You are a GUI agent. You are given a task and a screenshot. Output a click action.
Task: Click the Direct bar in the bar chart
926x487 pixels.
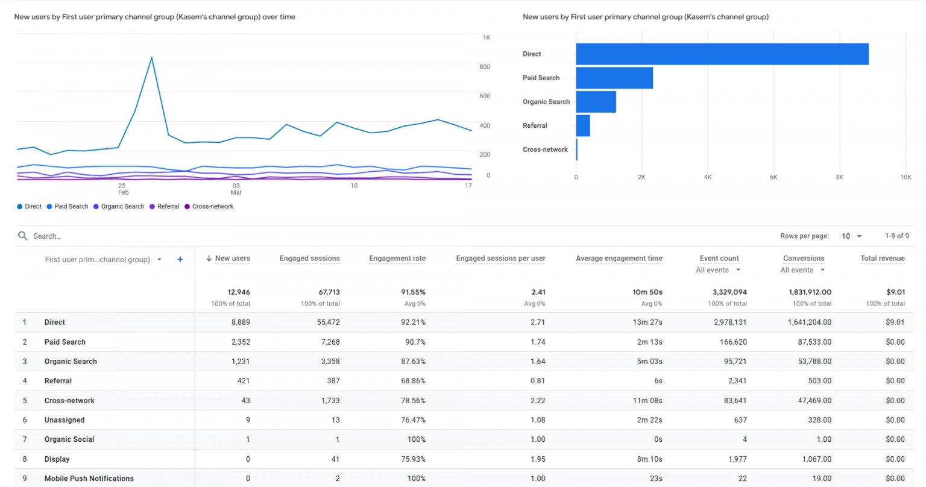click(722, 54)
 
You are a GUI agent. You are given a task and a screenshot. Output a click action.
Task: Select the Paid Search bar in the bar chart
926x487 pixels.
click(614, 78)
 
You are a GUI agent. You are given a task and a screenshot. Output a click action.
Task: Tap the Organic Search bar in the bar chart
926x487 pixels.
click(596, 102)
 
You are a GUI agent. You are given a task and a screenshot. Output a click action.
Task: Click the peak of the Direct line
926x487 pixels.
click(151, 58)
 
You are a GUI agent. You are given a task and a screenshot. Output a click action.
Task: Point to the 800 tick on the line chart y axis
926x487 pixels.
click(485, 67)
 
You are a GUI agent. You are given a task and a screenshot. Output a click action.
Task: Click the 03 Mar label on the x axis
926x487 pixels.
click(236, 189)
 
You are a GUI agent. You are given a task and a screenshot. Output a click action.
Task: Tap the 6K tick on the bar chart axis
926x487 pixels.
click(773, 177)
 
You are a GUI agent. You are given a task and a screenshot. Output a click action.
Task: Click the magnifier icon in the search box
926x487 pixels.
click(23, 236)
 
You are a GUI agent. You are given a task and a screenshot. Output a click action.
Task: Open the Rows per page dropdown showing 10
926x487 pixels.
click(851, 236)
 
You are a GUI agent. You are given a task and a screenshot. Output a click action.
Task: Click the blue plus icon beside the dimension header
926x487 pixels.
click(180, 259)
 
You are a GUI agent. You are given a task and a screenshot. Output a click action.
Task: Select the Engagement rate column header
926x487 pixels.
click(397, 259)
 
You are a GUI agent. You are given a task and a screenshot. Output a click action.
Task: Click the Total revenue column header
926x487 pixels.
click(882, 259)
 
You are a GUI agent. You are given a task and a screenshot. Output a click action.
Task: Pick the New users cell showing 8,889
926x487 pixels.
click(241, 322)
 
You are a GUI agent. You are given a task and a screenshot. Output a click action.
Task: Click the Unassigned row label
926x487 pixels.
click(65, 420)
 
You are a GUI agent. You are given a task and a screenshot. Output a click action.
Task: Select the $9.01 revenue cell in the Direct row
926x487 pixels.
click(895, 322)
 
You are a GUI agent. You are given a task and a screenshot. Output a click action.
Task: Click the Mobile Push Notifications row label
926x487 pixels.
click(89, 479)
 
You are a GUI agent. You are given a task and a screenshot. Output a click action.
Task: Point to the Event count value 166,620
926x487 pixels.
click(733, 342)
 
